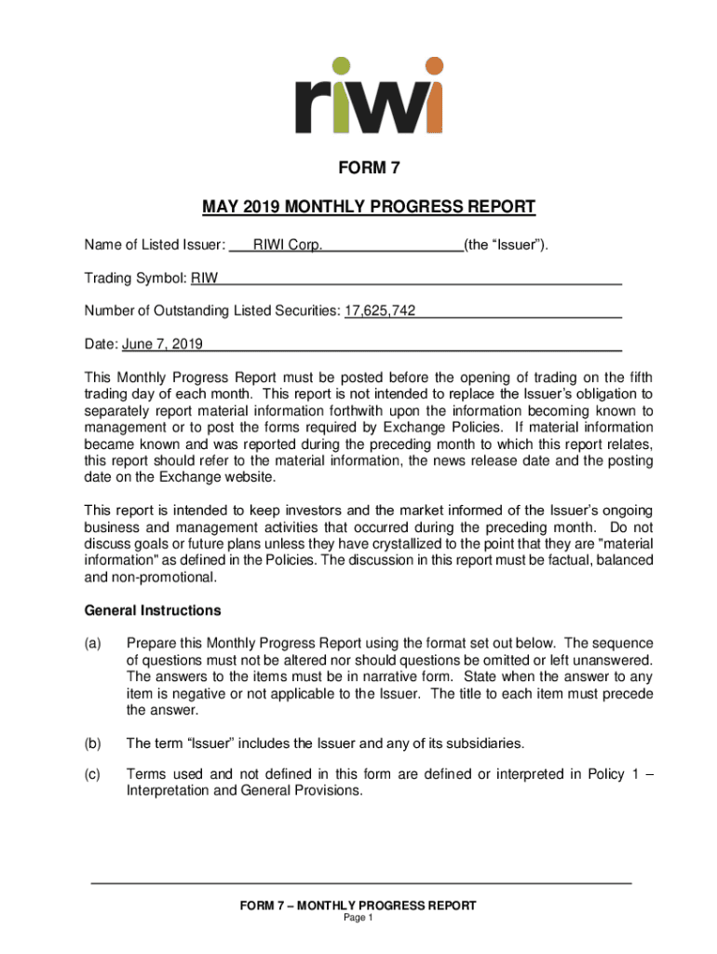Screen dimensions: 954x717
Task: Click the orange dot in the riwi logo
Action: [433, 66]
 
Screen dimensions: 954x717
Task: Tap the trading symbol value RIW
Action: [205, 279]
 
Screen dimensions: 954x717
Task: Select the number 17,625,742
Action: [380, 310]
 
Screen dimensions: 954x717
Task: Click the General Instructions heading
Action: [153, 611]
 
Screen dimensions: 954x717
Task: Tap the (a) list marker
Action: [93, 644]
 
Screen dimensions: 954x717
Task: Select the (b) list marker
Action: [93, 743]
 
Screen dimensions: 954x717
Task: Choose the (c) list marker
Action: [93, 775]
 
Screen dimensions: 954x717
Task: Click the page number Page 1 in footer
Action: [358, 918]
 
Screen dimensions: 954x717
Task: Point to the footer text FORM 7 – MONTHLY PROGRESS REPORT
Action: [358, 906]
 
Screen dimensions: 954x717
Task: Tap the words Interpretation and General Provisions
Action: [244, 792]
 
